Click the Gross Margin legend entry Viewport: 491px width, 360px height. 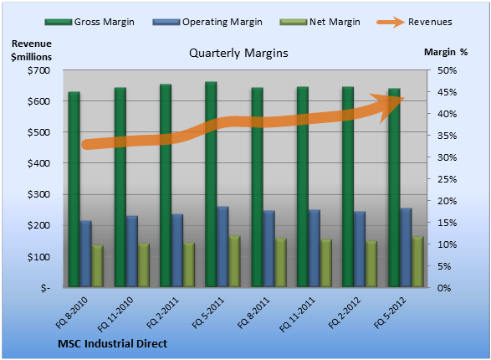coord(90,22)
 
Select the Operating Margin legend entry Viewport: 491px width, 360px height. coord(207,22)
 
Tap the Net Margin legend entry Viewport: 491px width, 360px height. coord(320,22)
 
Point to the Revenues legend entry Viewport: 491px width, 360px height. coord(414,22)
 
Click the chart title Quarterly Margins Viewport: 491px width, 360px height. coord(238,53)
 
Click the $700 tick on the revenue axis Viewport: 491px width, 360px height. coord(38,70)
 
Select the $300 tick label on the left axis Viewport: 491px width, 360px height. coord(38,194)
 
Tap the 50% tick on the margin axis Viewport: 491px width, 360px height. coord(448,70)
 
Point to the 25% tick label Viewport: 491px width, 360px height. coord(448,179)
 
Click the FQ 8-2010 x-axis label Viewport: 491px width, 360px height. coord(72,312)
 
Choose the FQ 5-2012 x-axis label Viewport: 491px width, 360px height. coord(390,312)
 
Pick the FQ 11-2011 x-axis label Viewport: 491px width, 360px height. coord(297,314)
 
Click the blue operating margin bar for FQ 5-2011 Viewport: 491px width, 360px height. coord(222,247)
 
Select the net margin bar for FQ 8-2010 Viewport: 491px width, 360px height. coord(97,266)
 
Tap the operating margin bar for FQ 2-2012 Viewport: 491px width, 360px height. coord(360,249)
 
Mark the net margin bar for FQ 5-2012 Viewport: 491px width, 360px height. coord(417,262)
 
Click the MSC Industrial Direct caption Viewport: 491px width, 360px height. coord(112,344)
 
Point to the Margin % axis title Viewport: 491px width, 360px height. coord(446,52)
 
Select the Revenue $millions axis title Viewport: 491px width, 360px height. coord(31,50)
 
